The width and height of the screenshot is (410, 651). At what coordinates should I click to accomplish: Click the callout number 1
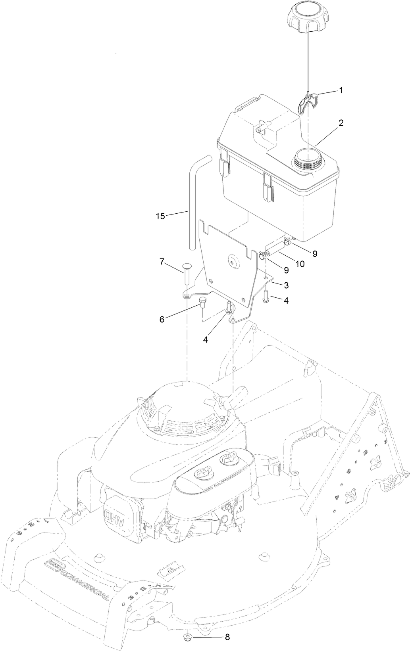tap(341, 90)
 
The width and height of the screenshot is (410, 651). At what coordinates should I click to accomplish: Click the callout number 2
tap(341, 123)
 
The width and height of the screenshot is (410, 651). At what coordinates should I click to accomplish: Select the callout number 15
tap(160, 216)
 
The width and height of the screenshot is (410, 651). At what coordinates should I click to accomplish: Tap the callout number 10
tap(300, 264)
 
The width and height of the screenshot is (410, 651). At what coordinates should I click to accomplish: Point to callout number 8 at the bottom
tap(227, 638)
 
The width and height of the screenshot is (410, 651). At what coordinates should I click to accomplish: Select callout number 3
tap(286, 285)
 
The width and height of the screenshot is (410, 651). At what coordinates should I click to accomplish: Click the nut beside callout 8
tap(186, 637)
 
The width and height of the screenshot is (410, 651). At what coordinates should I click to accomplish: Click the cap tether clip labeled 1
tap(308, 102)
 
